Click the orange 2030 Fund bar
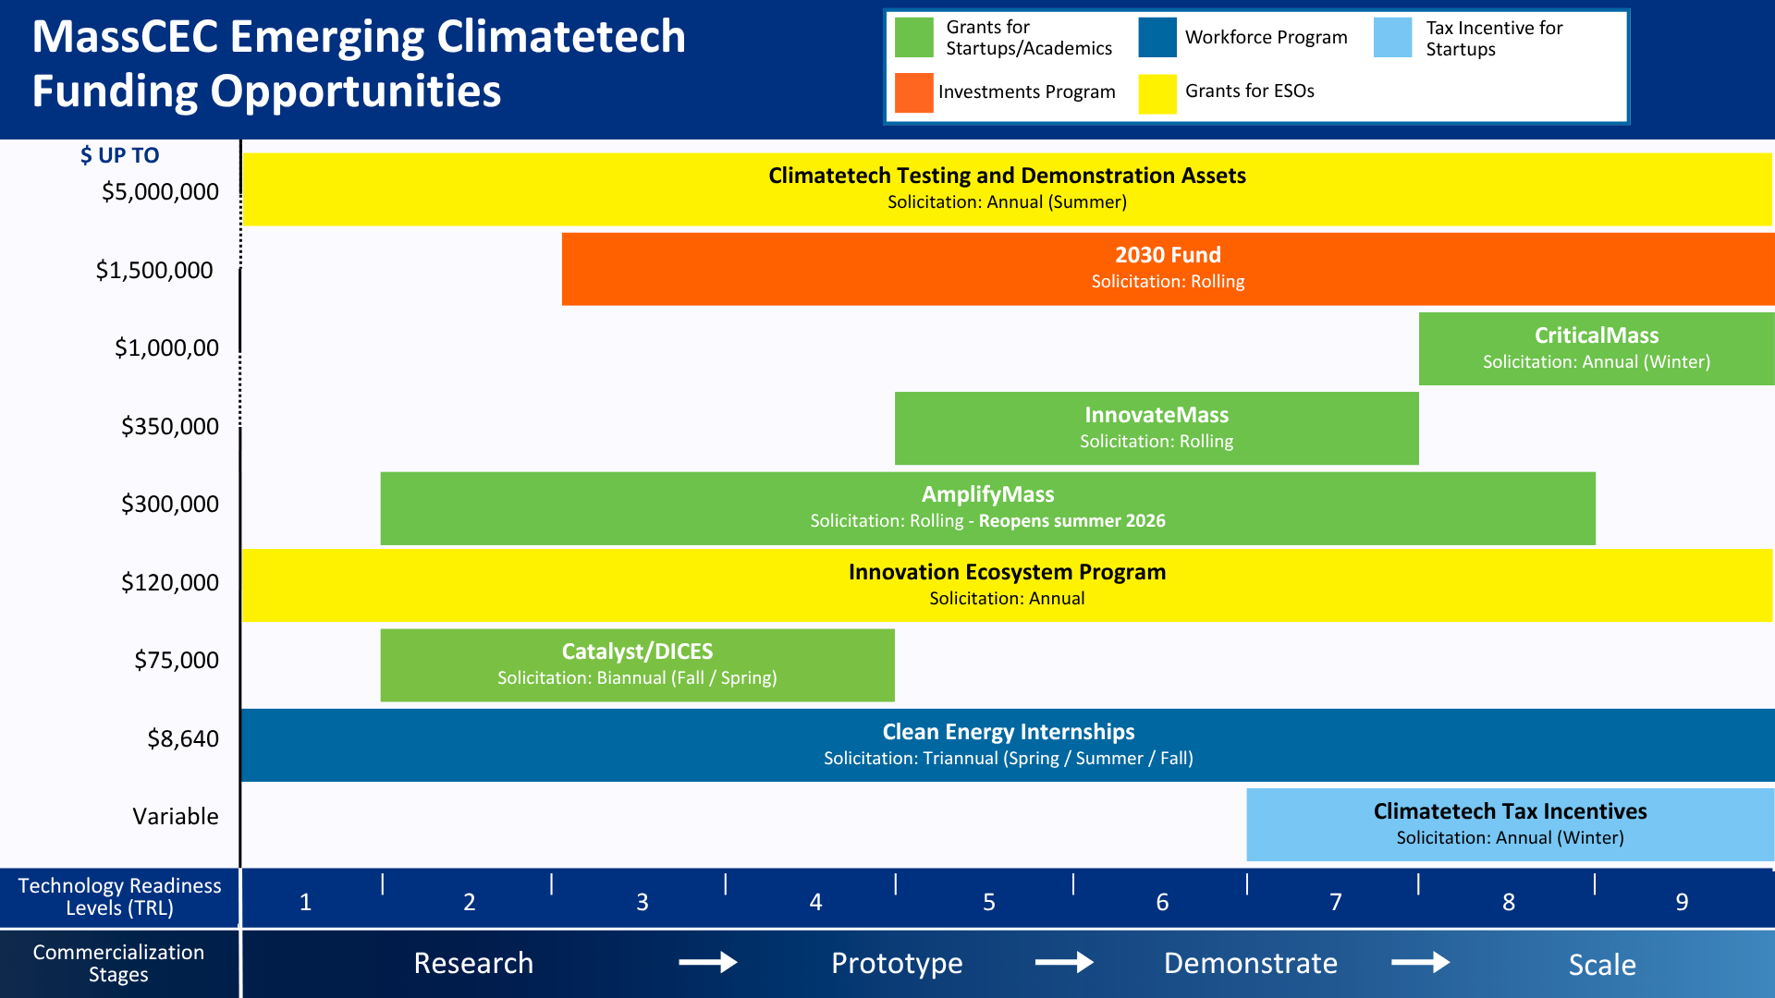1167,269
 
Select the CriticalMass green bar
1596,348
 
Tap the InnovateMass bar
1156,428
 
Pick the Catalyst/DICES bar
637,665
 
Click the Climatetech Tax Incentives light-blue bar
1509,824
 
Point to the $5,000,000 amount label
160,192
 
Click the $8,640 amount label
182,739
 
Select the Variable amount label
175,817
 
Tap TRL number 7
1335,902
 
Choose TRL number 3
642,902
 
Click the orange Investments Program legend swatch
913,93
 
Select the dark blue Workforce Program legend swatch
1157,38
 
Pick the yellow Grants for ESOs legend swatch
1157,93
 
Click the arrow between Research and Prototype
707,963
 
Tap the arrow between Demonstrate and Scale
1420,963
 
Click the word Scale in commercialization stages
1601,965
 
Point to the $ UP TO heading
119,155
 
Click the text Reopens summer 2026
1071,521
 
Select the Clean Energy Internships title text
1008,732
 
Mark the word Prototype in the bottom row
896,963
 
